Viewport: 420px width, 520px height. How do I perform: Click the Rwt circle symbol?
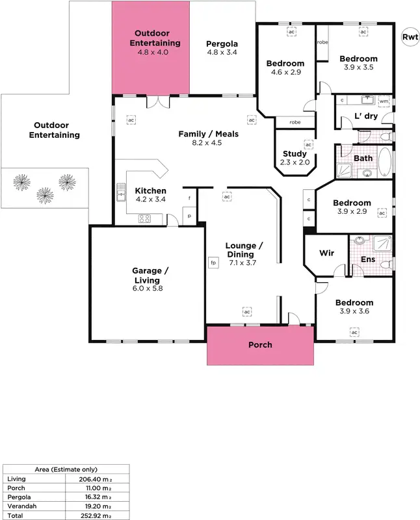pyautogui.click(x=409, y=36)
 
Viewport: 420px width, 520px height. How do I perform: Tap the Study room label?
pyautogui.click(x=295, y=154)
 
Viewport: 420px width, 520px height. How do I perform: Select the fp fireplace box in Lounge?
pyautogui.click(x=213, y=263)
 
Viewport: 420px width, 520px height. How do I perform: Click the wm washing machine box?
pyautogui.click(x=384, y=101)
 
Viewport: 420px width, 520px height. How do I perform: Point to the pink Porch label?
pyautogui.click(x=260, y=344)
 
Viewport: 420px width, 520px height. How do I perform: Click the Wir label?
pyautogui.click(x=326, y=253)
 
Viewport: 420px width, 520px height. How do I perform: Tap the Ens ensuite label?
pyautogui.click(x=367, y=259)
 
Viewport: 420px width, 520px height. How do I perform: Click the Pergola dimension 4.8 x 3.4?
pyautogui.click(x=222, y=52)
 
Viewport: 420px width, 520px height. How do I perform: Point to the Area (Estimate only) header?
pyautogui.click(x=66, y=469)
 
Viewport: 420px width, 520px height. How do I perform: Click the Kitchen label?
pyautogui.click(x=150, y=190)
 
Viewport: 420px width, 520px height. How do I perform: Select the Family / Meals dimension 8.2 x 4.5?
pyautogui.click(x=208, y=142)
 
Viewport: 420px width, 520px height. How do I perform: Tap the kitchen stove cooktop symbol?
pyautogui.click(x=144, y=218)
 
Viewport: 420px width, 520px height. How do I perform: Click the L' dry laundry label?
pyautogui.click(x=366, y=116)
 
